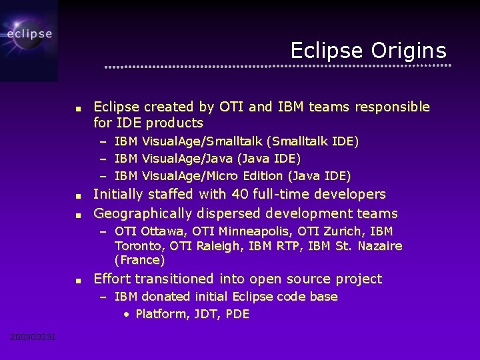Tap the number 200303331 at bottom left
pos(33,337)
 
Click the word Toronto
pos(139,246)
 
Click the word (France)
pos(139,260)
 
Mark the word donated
pos(170,297)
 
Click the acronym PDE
pos(237,314)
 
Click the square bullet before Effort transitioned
pos(79,280)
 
